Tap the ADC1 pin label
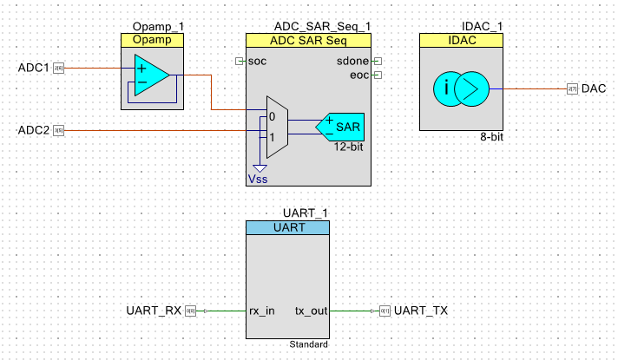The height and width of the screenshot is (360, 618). pyautogui.click(x=33, y=67)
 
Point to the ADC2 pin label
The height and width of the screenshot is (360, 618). pyautogui.click(x=33, y=131)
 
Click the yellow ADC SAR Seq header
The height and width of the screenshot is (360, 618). pyautogui.click(x=309, y=40)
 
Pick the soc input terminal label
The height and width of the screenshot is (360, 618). pyautogui.click(x=258, y=61)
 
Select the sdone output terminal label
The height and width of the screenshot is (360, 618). pyautogui.click(x=352, y=61)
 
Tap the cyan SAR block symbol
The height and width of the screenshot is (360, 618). pyautogui.click(x=341, y=127)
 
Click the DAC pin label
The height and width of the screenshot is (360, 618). pyautogui.click(x=594, y=88)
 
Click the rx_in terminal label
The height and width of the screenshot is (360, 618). pyautogui.click(x=262, y=311)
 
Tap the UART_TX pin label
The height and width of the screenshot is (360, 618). pyautogui.click(x=421, y=311)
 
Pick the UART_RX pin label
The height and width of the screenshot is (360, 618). pyautogui.click(x=154, y=311)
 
